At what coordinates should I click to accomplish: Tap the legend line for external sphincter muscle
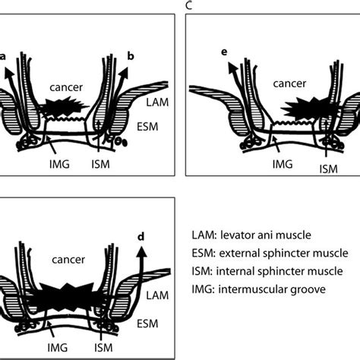273,252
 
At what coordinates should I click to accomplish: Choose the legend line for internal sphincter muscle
272,271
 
